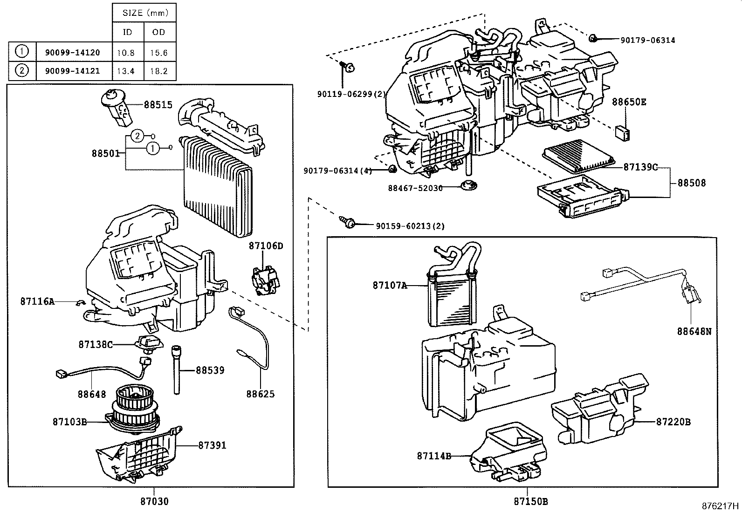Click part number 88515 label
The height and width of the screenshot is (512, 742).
[x=158, y=105]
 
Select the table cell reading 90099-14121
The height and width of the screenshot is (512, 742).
[x=72, y=71]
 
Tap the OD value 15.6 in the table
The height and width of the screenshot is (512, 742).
[x=158, y=53]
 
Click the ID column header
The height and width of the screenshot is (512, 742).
[x=127, y=32]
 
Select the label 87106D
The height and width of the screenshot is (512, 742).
[x=266, y=246]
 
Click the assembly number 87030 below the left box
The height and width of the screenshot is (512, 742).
[x=154, y=501]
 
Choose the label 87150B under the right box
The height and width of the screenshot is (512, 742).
[x=531, y=501]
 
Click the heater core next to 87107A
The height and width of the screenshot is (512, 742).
[x=450, y=298]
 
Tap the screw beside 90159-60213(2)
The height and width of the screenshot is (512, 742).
[x=348, y=222]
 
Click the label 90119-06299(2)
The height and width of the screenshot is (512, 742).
[x=352, y=94]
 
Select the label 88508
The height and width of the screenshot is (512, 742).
[x=691, y=183]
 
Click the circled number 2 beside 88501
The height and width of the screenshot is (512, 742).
[x=137, y=136]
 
